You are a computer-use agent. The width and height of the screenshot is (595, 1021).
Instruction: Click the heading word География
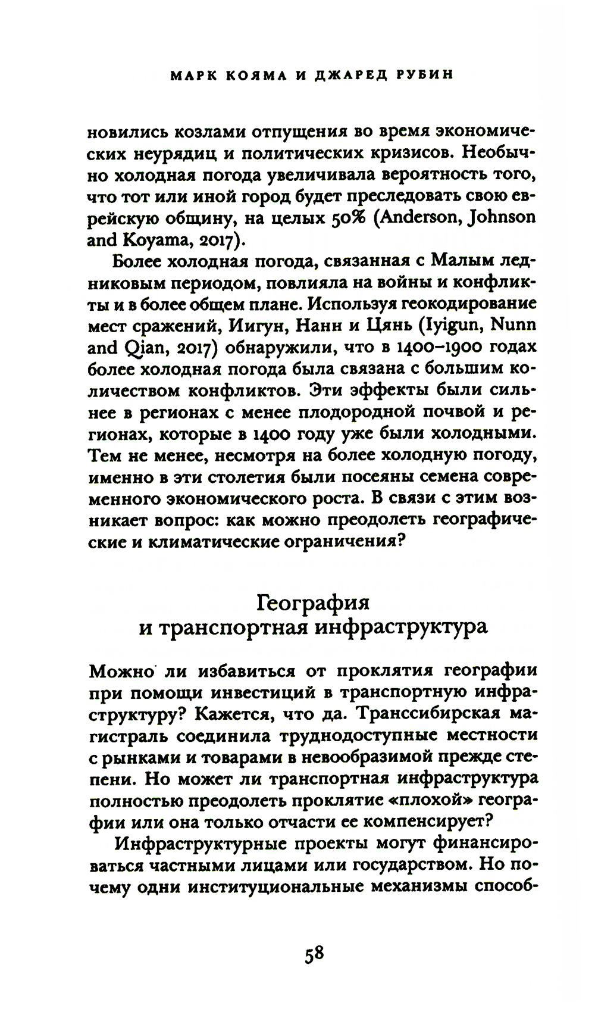[x=313, y=602]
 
